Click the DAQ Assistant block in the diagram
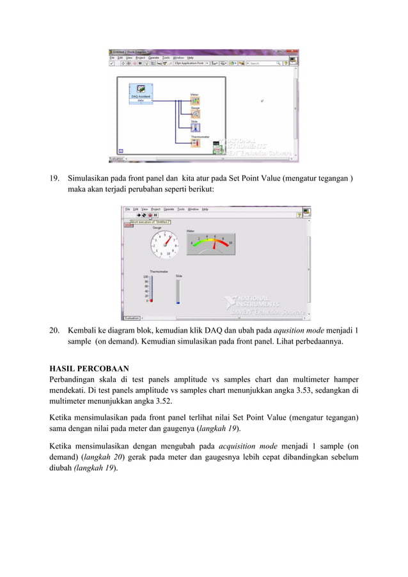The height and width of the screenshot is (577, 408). point(141,93)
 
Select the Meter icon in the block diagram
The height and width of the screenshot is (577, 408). point(195,101)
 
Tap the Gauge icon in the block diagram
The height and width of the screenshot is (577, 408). point(195,114)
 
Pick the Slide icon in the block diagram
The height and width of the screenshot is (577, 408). point(195,127)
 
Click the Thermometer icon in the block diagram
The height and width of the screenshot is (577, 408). point(195,143)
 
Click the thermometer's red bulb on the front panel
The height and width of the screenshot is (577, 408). point(152,301)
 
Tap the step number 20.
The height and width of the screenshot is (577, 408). point(55,331)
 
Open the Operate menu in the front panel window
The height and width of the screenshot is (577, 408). point(169,209)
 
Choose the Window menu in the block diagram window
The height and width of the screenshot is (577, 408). point(178,57)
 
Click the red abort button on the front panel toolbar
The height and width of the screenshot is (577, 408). point(150,216)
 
